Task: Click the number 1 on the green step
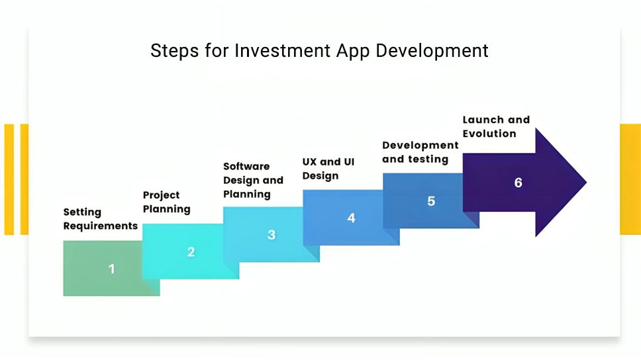coord(112,269)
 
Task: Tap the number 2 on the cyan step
coord(191,251)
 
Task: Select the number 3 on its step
coord(271,235)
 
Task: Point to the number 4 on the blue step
coord(351,218)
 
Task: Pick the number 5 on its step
coord(431,201)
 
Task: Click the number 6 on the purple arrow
coord(518,183)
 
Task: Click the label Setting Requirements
coord(100,219)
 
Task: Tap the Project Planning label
coord(166,202)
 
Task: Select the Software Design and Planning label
coord(253,180)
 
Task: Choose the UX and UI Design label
coord(328,169)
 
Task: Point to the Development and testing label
coord(420,152)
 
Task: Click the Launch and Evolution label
coord(496,126)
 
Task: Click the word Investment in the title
coord(283,51)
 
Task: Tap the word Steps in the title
coord(175,52)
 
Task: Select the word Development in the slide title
coord(432,52)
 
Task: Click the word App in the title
coord(353,52)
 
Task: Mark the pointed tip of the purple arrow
coord(587,182)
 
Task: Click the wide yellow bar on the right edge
coord(630,179)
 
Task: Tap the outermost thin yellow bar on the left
coord(9,179)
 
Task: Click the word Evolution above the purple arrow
coord(489,134)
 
